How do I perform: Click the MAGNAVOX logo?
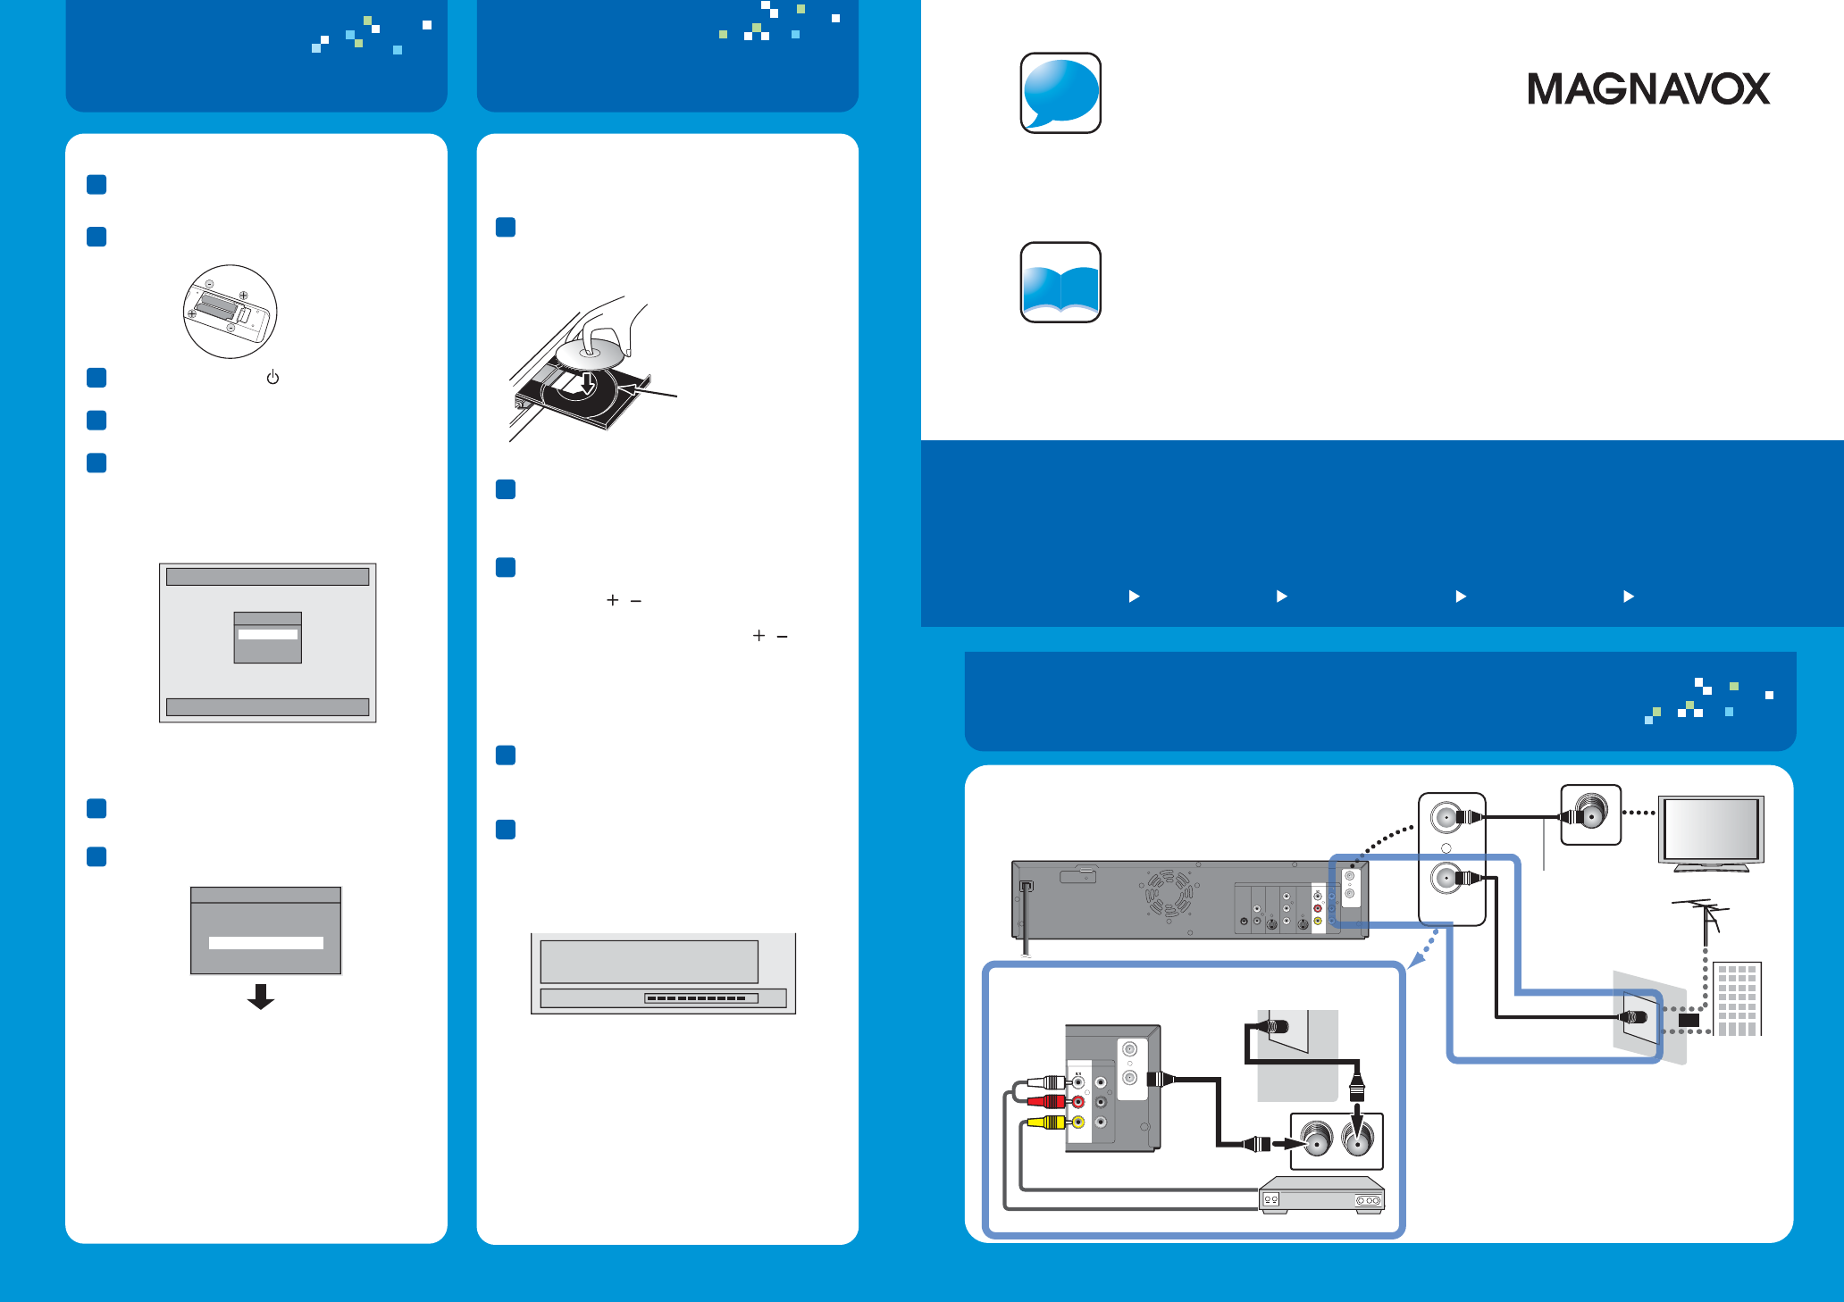click(x=1648, y=88)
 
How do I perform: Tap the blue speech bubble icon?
click(x=1060, y=93)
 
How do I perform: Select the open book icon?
click(x=1060, y=282)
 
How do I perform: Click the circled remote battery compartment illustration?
click(x=230, y=312)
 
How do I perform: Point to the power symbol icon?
click(x=272, y=378)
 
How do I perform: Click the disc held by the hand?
click(x=589, y=354)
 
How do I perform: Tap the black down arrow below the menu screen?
click(x=261, y=996)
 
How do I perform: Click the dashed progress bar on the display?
click(x=701, y=998)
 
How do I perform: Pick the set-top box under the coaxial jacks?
click(x=1321, y=1194)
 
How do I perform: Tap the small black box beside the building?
click(x=1689, y=1020)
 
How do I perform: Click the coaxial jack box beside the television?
click(x=1590, y=814)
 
